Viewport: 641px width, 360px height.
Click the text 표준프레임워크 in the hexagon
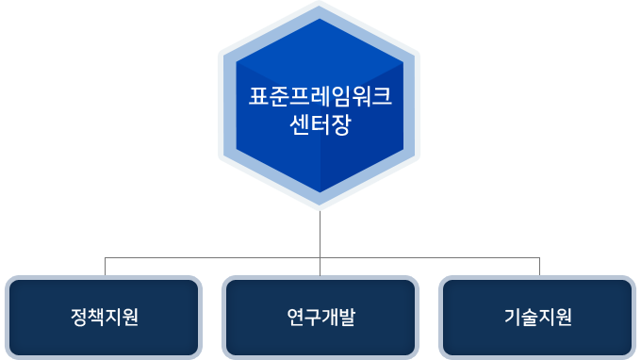320,97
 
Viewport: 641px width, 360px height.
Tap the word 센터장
320,123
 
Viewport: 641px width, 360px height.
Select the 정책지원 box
104,318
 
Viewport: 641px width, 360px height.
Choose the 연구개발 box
320,318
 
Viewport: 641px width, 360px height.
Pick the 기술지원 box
537,318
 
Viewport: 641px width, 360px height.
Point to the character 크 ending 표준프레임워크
382,97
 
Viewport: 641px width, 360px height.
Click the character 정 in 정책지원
78,318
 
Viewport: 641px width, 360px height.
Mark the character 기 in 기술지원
512,318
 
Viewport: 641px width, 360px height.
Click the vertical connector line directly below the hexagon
320,234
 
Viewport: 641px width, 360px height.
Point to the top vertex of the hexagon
320,4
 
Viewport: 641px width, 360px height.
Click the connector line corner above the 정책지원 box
104,256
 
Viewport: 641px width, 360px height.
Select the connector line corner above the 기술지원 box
539,256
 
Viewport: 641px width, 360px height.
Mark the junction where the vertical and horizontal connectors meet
320,256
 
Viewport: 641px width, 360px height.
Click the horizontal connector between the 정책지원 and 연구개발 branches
212,256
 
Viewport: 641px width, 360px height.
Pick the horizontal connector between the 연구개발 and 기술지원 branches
430,256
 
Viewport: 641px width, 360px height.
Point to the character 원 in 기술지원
564,318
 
